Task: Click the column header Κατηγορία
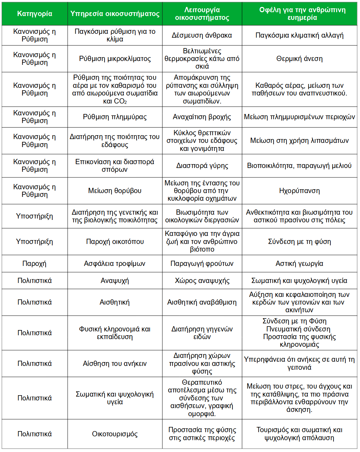pos(35,14)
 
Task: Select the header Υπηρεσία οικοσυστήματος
pos(115,14)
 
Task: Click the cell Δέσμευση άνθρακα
pos(202,35)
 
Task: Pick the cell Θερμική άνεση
pos(299,59)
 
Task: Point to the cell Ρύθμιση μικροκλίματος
pos(115,59)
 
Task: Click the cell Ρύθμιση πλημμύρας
pos(115,117)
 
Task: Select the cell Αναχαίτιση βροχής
pos(202,117)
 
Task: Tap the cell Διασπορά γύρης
pos(202,166)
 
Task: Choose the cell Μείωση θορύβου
pos(115,191)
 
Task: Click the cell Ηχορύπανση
pos(299,191)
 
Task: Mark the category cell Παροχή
pos(35,263)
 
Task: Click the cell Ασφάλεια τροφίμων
pos(115,263)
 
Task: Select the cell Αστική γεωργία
pos(299,263)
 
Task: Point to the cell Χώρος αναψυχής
pos(202,281)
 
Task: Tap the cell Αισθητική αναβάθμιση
pos(202,302)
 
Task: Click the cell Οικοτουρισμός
pos(115,434)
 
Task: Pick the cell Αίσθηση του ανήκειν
pos(115,363)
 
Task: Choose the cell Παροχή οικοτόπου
pos(115,242)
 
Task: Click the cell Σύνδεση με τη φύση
pos(299,242)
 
